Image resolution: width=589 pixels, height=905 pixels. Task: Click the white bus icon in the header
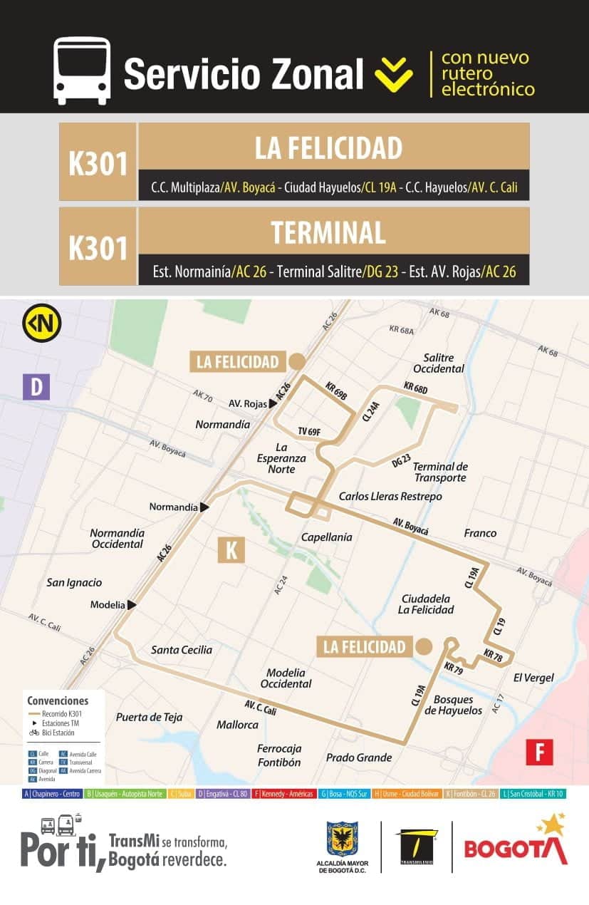click(82, 71)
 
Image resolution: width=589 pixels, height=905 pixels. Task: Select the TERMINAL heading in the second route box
click(328, 233)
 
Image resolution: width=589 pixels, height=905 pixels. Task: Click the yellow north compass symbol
click(41, 323)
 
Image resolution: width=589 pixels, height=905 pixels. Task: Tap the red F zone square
click(539, 752)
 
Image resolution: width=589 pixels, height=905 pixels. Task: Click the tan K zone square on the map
click(231, 550)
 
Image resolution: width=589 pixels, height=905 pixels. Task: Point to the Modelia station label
click(108, 605)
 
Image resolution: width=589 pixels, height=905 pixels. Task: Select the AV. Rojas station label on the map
click(247, 403)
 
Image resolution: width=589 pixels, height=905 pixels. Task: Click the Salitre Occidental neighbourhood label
click(439, 363)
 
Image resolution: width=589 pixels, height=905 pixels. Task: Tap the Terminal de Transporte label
click(440, 472)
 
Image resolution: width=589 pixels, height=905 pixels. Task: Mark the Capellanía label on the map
click(326, 537)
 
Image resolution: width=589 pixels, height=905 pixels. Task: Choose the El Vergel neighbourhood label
click(533, 678)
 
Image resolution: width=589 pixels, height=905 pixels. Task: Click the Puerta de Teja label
click(149, 717)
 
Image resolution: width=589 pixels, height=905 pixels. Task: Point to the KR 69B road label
click(335, 391)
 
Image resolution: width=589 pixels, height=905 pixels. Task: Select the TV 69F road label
click(309, 431)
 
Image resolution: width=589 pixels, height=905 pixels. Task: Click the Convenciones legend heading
click(58, 700)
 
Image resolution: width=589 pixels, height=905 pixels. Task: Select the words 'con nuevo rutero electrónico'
click(487, 74)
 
